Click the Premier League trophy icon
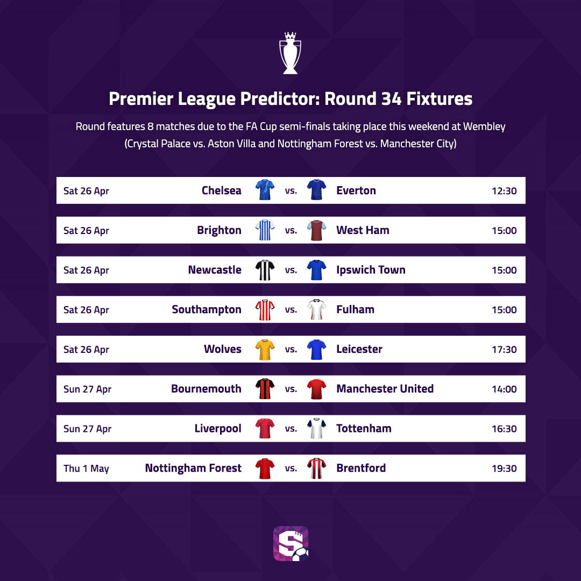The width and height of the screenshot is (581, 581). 290,53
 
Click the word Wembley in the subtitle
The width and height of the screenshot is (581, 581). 484,127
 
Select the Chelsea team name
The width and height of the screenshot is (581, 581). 221,190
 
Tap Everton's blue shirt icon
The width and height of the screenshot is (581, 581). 316,190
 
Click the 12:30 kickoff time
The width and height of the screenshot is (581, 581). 504,191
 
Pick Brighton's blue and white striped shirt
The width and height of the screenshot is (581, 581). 265,230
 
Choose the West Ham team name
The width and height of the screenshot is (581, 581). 363,230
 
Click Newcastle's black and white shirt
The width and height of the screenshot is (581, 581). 265,270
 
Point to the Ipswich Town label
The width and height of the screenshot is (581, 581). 371,270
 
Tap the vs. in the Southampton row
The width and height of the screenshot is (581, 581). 291,310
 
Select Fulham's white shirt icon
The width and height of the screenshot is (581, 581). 316,309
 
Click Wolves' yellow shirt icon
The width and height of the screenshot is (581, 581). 265,350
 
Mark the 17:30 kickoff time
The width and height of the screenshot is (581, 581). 504,350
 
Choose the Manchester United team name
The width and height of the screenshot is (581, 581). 385,389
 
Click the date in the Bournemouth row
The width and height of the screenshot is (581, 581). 87,389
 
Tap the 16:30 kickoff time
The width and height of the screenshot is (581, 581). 504,429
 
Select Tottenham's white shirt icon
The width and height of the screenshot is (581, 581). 316,428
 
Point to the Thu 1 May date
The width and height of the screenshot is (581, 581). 86,469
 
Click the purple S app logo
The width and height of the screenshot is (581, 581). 291,543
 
